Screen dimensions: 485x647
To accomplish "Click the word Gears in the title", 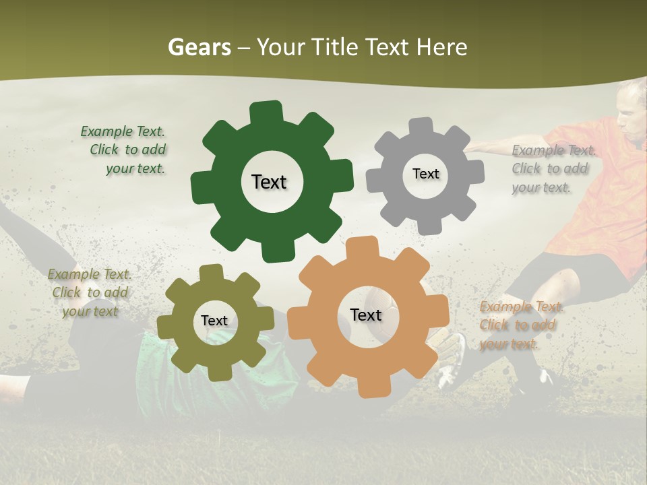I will click(199, 47).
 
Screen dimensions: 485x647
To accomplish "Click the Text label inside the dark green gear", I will click(269, 182).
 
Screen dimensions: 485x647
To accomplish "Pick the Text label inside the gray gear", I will click(425, 174).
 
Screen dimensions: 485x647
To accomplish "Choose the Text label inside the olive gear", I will click(214, 321).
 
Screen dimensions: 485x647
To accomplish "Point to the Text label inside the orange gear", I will click(366, 315).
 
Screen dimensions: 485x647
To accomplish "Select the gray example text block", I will click(551, 168).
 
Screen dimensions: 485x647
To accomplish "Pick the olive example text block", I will click(90, 292).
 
